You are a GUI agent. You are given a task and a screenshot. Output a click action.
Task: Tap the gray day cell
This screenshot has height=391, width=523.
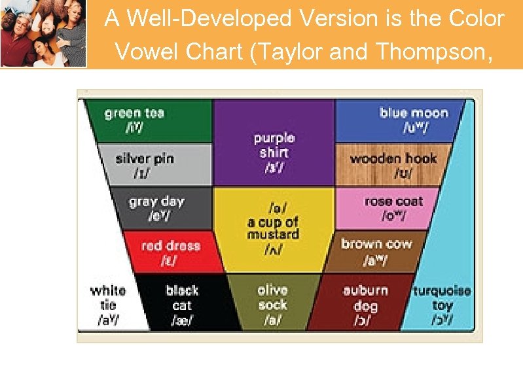(160, 209)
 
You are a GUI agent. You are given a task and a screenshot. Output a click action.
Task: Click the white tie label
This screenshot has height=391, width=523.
(108, 305)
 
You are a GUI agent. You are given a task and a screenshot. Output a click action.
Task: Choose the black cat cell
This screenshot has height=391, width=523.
(182, 305)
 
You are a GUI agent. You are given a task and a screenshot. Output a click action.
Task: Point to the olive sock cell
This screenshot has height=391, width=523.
(273, 305)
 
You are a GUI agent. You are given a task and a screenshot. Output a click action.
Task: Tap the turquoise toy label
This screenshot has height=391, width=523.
(442, 305)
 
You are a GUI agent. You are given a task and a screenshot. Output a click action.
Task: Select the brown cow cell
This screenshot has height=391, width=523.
(376, 252)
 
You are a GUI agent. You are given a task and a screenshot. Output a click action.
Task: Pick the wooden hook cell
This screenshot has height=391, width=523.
(393, 165)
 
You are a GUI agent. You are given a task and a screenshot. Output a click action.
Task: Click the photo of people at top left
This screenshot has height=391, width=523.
(43, 33)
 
